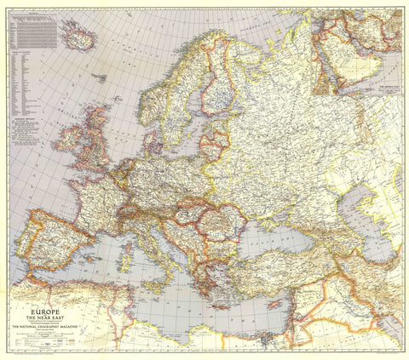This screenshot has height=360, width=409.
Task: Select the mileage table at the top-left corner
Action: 34,30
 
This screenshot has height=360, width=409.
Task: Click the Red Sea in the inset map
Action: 341,60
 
